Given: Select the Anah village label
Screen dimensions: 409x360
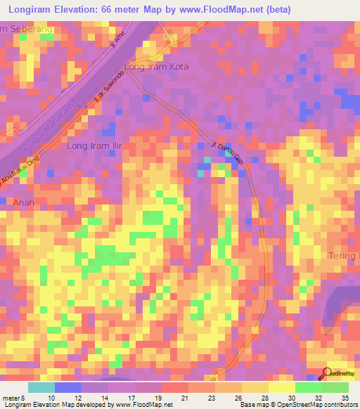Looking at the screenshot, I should [x=23, y=202].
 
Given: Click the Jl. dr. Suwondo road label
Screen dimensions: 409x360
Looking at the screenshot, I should [x=108, y=94].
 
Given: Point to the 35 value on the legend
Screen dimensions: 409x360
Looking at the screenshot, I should [x=345, y=397].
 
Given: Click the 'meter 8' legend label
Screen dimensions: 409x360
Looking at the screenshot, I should [x=14, y=397].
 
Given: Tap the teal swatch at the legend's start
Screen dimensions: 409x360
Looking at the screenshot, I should [x=41, y=387].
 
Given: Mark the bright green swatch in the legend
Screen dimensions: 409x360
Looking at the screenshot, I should [x=308, y=387].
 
